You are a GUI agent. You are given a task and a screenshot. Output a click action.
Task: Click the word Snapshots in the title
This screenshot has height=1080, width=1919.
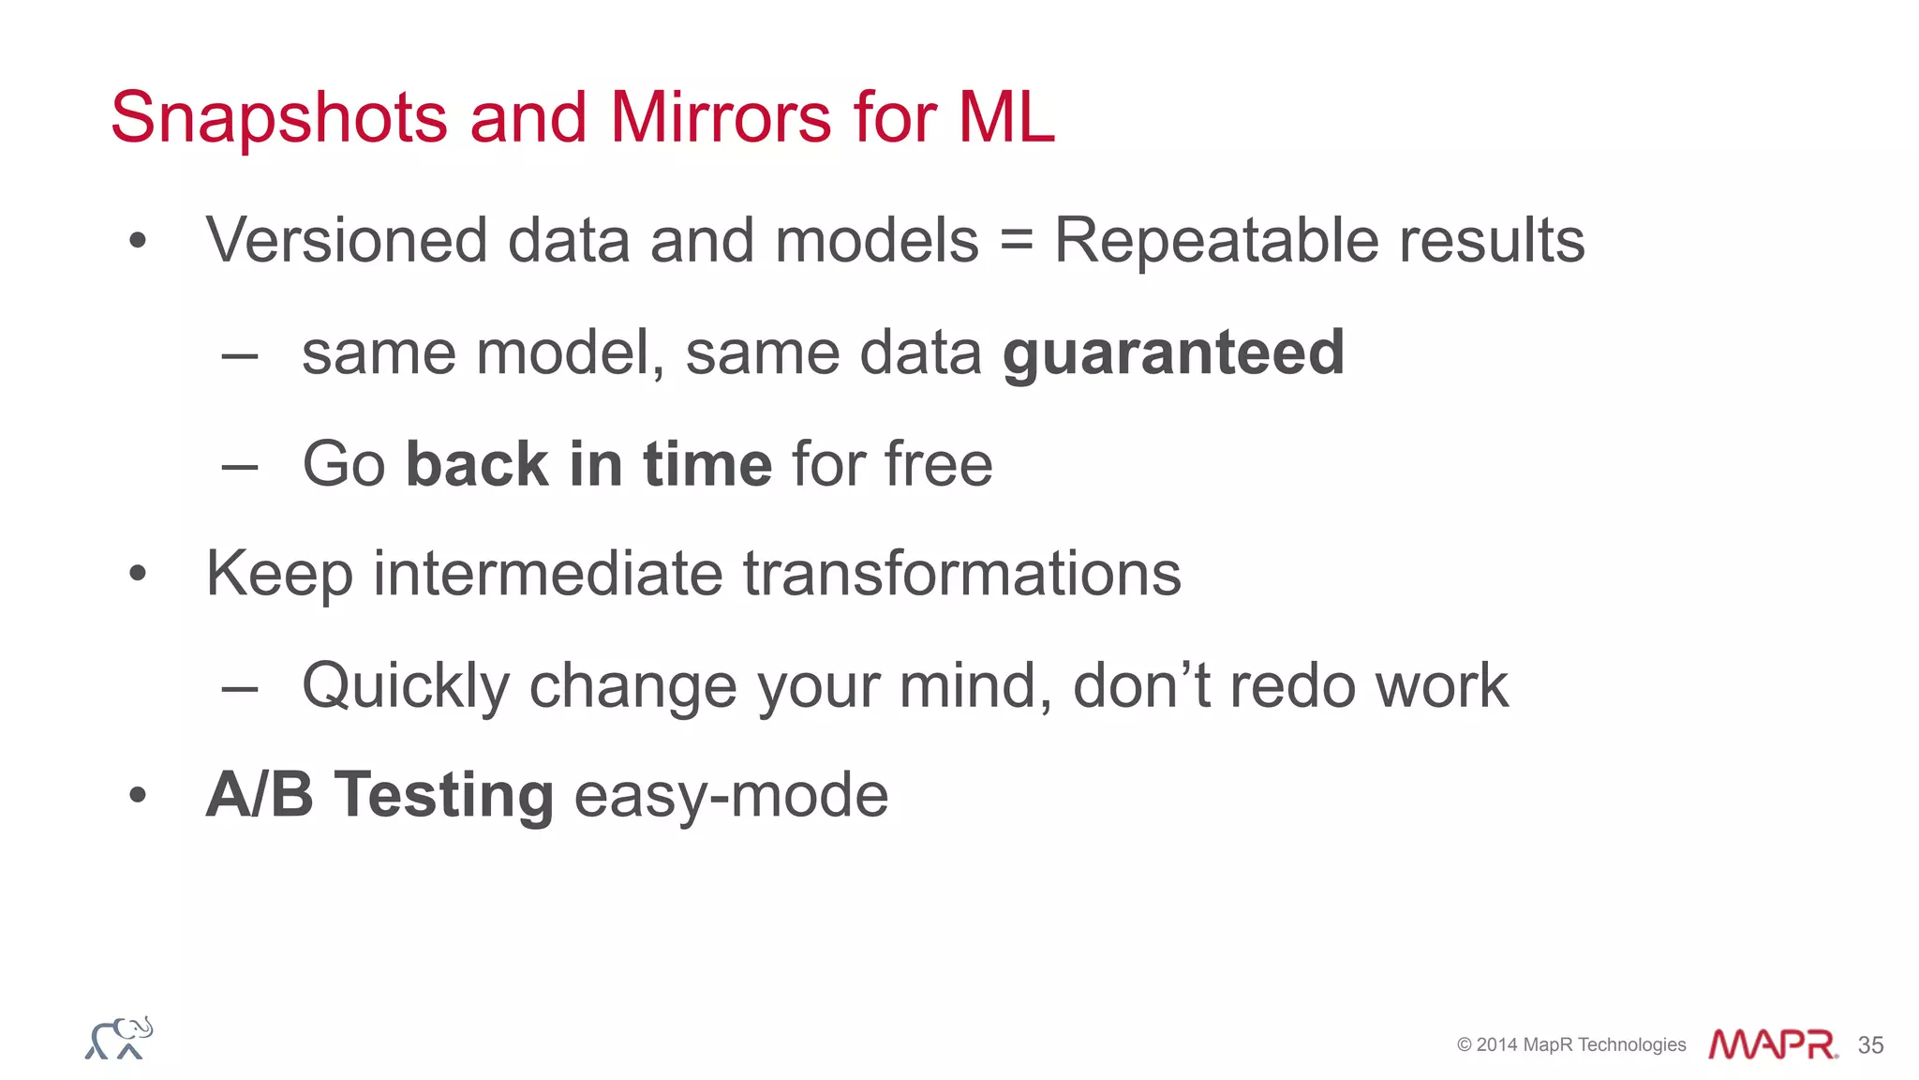(x=279, y=119)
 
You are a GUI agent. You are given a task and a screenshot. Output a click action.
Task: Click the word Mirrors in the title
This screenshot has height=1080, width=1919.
(x=721, y=118)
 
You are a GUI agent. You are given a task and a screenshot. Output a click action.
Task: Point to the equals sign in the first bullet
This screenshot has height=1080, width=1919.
(x=1016, y=241)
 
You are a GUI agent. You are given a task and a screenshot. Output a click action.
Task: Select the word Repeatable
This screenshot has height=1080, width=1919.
(x=1215, y=241)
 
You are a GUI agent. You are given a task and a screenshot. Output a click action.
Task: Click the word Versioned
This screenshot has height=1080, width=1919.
(x=347, y=241)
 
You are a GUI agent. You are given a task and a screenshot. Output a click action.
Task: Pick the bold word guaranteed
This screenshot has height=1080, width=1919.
(x=1173, y=354)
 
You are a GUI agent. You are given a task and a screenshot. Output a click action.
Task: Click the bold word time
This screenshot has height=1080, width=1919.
(x=707, y=464)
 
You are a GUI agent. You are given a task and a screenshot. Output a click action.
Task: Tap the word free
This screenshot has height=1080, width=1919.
(x=938, y=464)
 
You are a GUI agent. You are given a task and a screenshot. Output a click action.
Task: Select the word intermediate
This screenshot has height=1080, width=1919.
(x=547, y=574)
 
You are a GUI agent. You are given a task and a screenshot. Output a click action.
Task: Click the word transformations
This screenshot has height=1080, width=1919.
(x=961, y=574)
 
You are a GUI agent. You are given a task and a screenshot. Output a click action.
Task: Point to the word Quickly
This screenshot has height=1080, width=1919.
(x=405, y=687)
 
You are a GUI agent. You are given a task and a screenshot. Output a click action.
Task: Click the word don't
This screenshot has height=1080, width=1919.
(x=1142, y=685)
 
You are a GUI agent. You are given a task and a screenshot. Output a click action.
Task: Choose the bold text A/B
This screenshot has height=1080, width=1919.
(x=260, y=795)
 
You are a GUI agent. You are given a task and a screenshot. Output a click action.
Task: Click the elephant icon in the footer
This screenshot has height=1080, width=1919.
(x=119, y=1039)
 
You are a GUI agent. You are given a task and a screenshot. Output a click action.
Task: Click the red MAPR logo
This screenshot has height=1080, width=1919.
(x=1771, y=1044)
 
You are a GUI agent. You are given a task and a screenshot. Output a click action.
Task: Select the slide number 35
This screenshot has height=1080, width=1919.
(x=1870, y=1045)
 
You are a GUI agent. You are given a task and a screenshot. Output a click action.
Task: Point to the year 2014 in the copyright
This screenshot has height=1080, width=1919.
(x=1496, y=1045)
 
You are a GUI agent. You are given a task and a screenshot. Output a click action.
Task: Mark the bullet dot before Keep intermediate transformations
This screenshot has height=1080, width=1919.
(x=138, y=573)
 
